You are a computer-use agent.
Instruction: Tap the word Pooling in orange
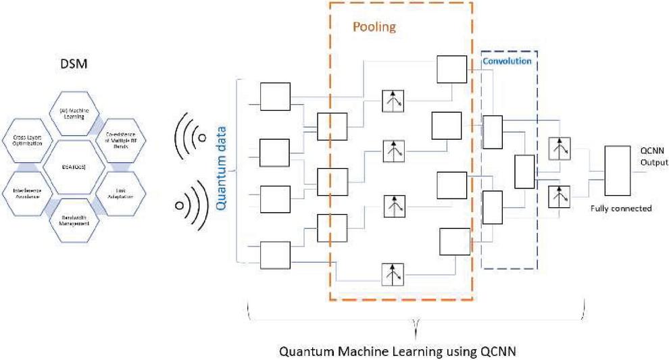374,28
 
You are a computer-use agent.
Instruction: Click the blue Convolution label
507,61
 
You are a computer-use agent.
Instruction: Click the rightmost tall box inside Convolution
524,172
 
